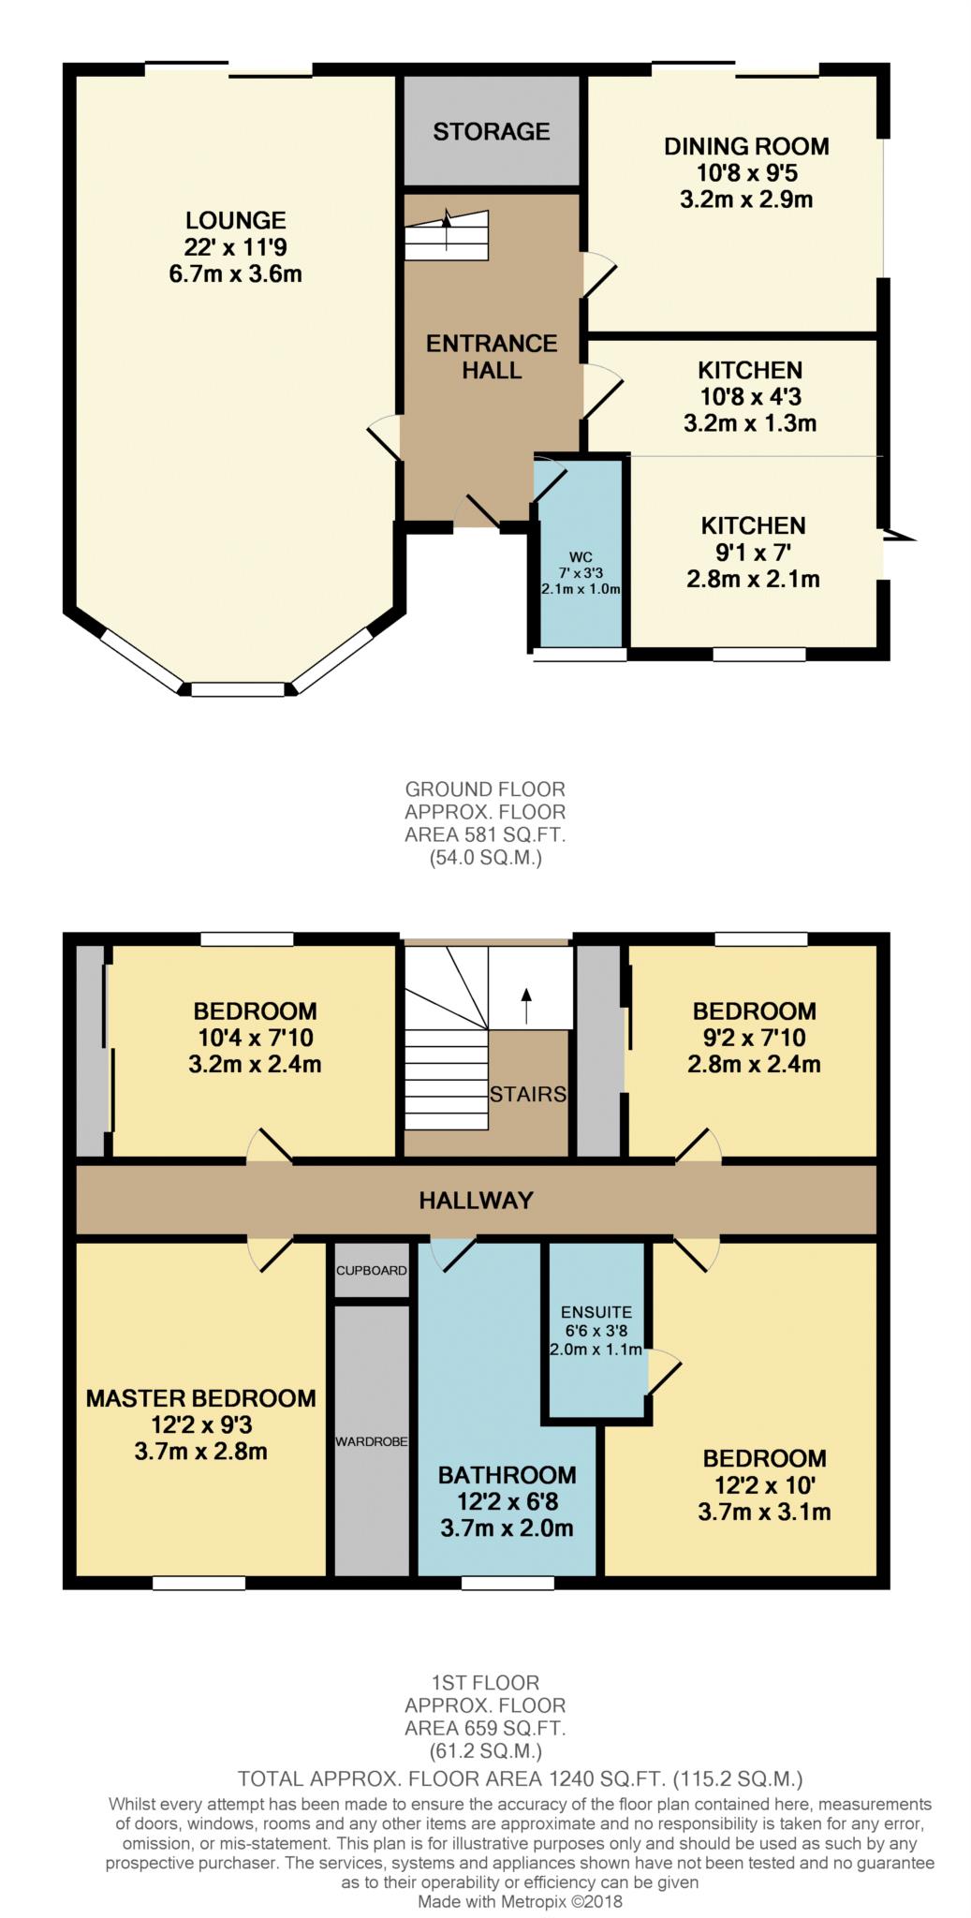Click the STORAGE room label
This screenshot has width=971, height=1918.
pos(491,131)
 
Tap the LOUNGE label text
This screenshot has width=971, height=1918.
pos(235,221)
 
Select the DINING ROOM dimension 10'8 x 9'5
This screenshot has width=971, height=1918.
pos(746,173)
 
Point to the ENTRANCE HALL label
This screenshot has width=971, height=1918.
pos(492,357)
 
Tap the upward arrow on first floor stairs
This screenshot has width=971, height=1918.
pos(526,1006)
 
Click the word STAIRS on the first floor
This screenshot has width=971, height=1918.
pos(528,1094)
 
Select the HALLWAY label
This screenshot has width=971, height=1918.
pos(476,1201)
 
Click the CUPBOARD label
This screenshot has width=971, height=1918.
pos(372,1271)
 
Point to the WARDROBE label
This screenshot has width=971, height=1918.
pos(372,1441)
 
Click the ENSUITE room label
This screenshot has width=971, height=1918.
pos(596,1312)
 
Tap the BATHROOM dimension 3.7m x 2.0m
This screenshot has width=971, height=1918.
pos(507,1528)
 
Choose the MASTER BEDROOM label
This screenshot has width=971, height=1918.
pos(200,1399)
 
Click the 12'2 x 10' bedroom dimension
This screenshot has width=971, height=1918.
pos(764,1485)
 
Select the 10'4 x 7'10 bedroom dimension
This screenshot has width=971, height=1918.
pos(255,1038)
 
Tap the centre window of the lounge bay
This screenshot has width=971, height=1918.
pos(238,690)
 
